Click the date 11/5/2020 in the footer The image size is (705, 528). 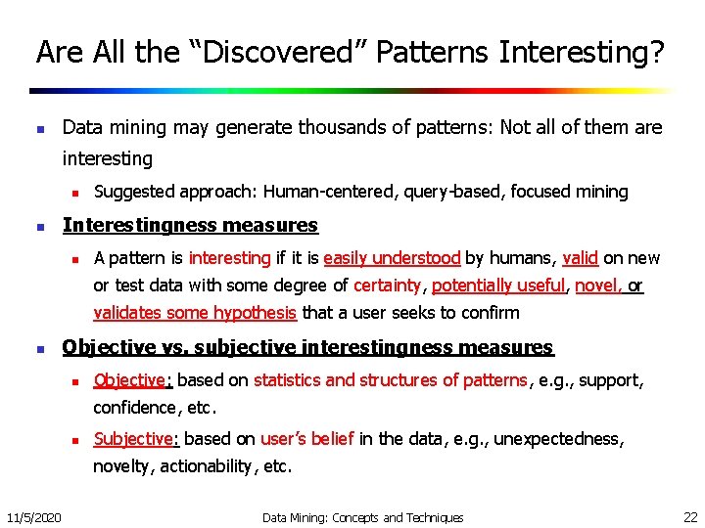coord(33,516)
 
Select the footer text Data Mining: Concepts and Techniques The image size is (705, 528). coord(362,517)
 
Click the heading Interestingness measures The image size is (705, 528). coord(190,225)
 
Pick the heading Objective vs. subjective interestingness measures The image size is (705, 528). coord(307,347)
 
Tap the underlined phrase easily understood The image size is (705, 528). coord(392,258)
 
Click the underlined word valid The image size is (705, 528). coord(581,258)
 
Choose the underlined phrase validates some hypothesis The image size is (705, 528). coord(195,313)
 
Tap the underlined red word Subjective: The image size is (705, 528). coord(136,439)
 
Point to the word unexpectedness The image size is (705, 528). coord(558,439)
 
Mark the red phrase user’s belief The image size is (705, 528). coord(306,439)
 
